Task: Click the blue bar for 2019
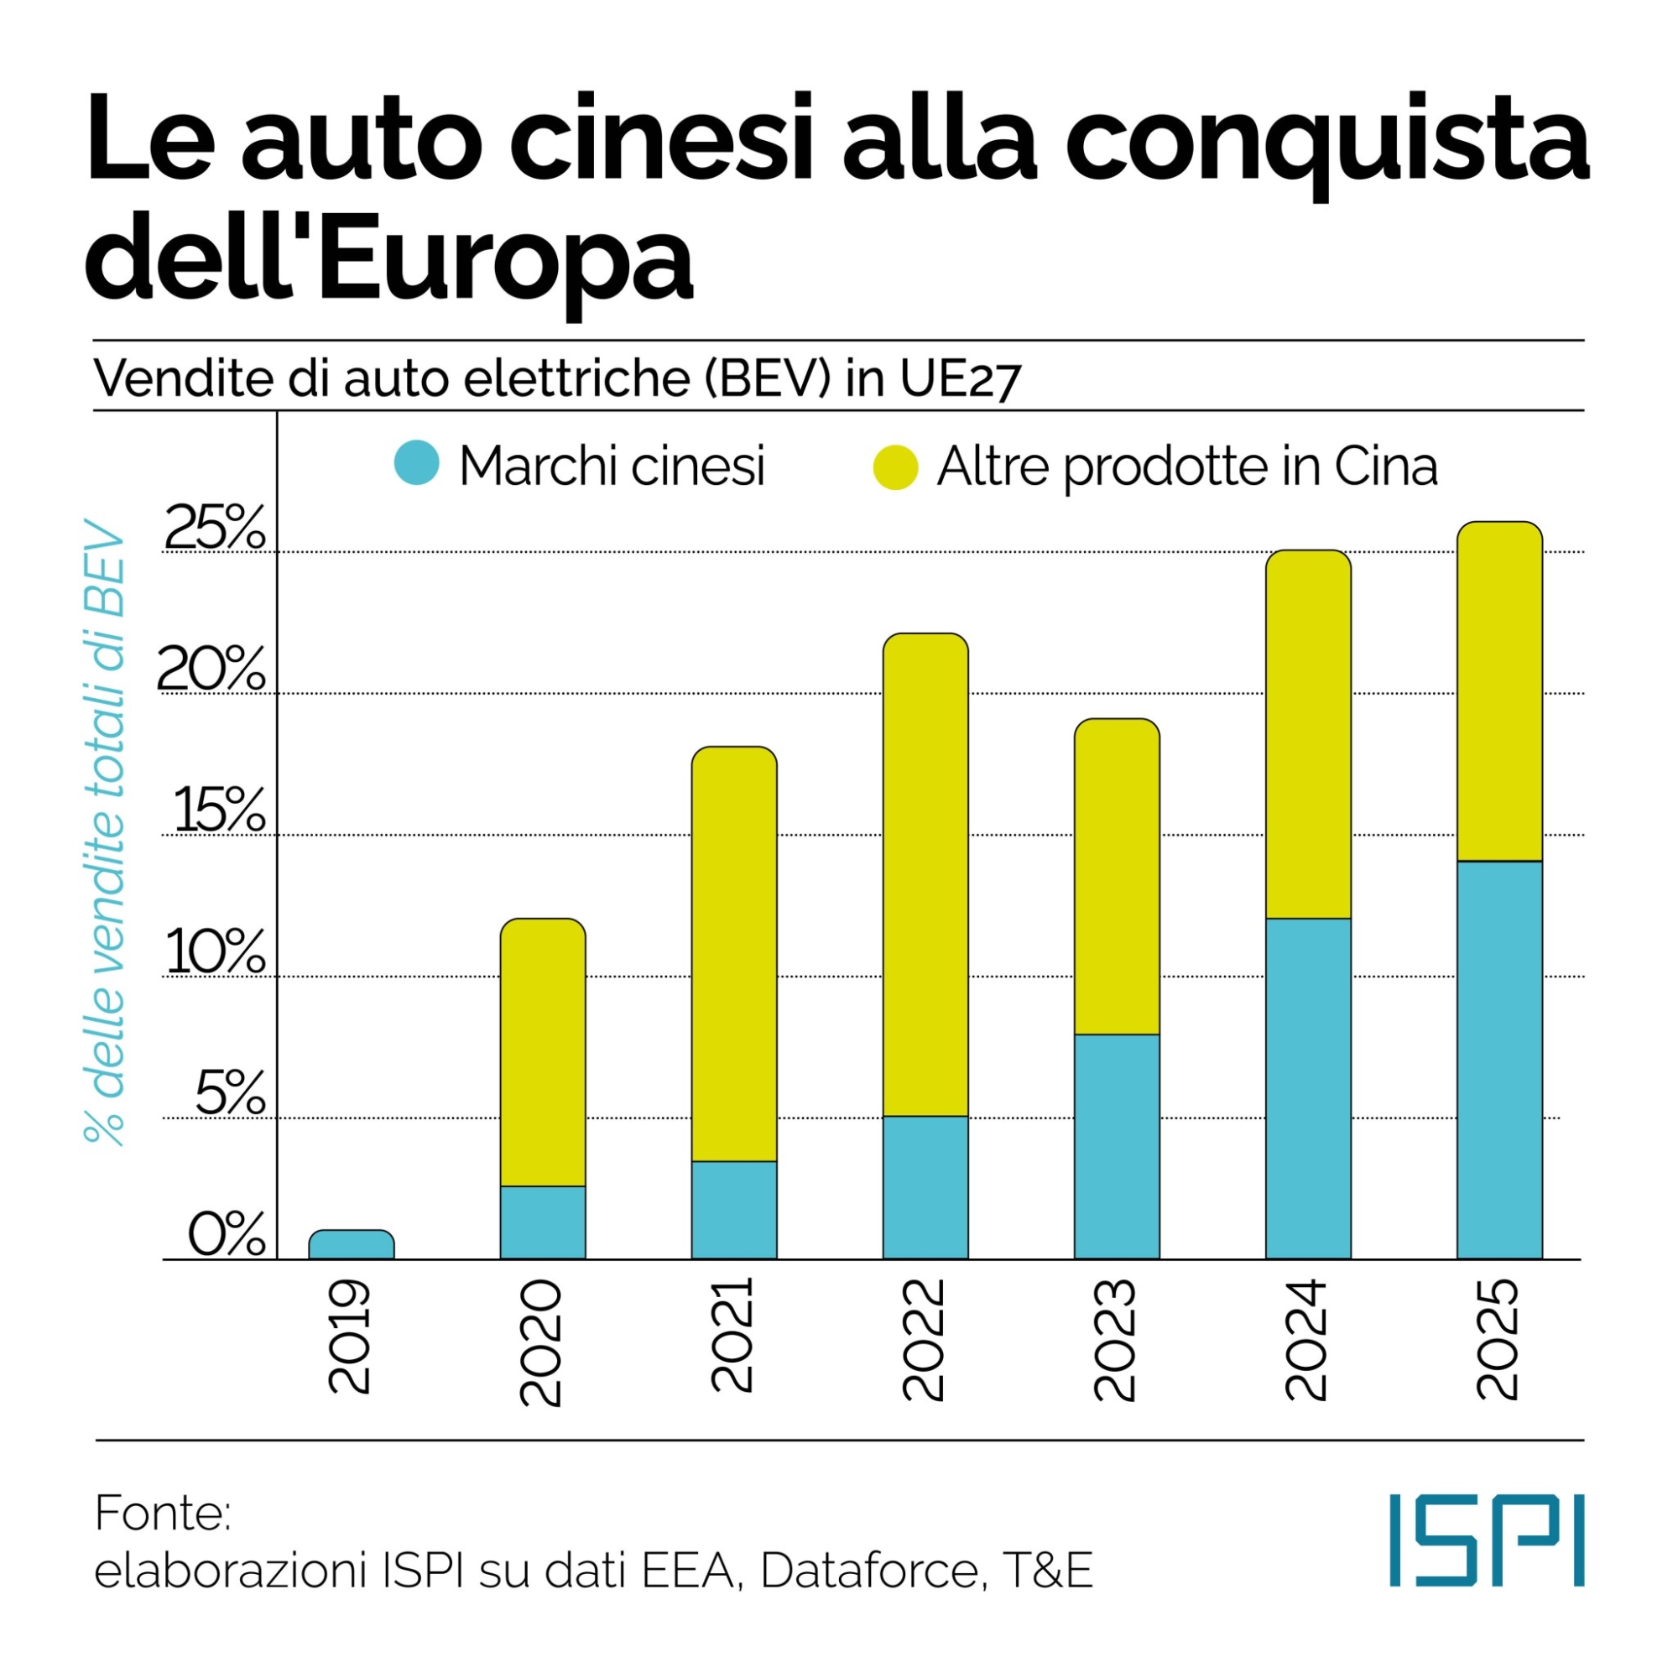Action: click(x=352, y=1245)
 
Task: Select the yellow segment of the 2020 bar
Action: click(x=543, y=1052)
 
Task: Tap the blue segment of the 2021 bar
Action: click(x=734, y=1210)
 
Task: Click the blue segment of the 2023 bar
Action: click(x=1117, y=1146)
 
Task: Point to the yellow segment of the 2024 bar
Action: click(x=1308, y=735)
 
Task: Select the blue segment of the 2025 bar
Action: click(x=1499, y=1060)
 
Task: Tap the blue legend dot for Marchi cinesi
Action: click(x=417, y=462)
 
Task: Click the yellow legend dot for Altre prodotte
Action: click(x=895, y=467)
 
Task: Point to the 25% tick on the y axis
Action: click(x=215, y=528)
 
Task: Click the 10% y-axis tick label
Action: click(x=215, y=953)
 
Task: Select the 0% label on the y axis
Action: click(x=226, y=1234)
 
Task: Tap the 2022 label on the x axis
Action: click(x=924, y=1340)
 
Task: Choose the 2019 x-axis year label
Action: click(x=350, y=1337)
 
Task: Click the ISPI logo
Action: click(x=1486, y=1552)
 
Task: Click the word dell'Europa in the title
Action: click(x=389, y=256)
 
